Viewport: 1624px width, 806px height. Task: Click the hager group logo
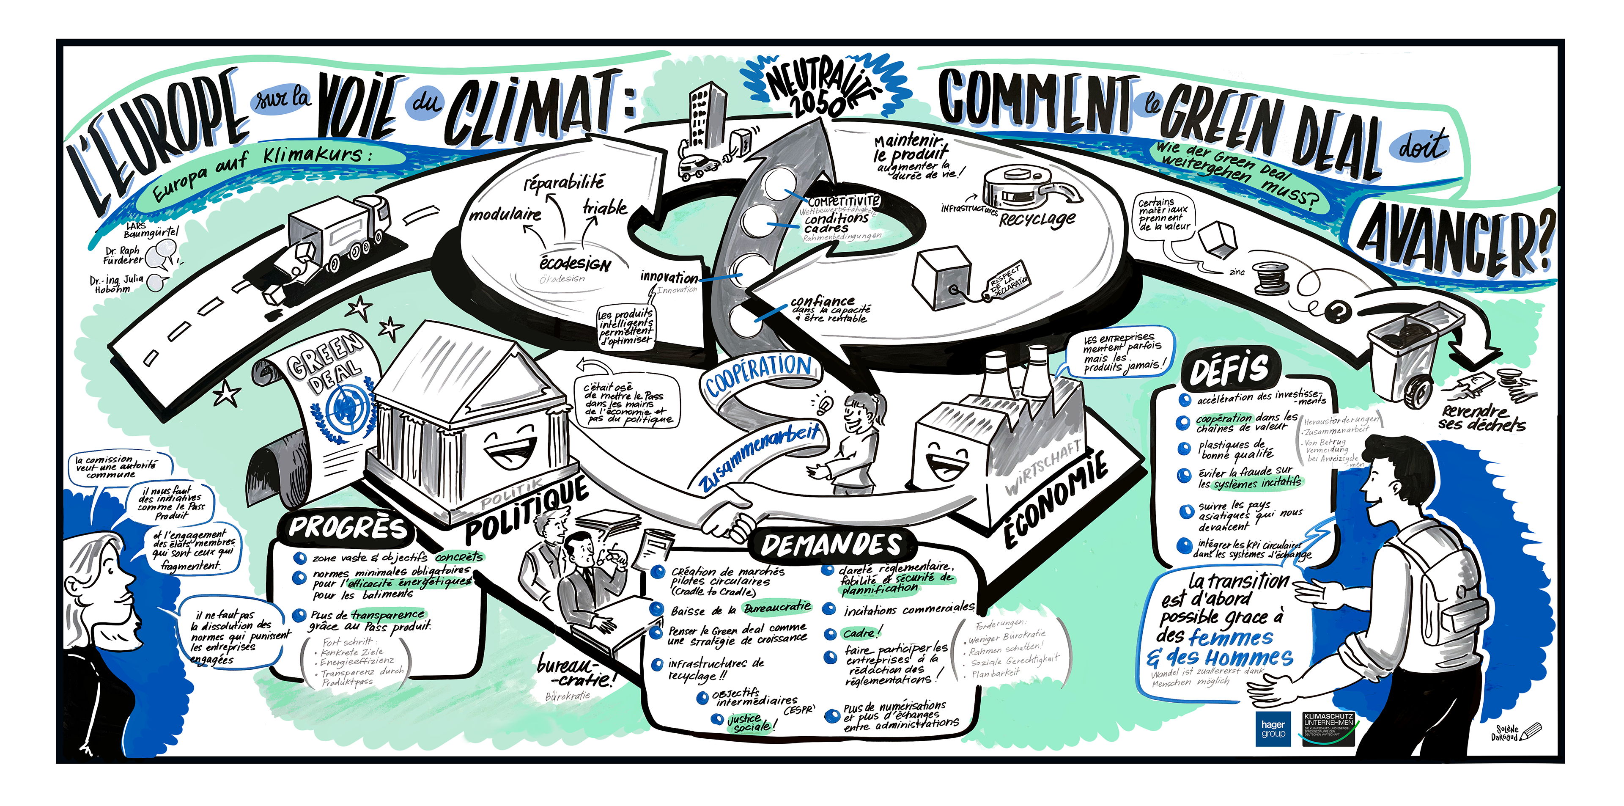coord(1273,729)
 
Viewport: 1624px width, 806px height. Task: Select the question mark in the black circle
coord(1338,310)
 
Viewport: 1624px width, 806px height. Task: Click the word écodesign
coord(575,262)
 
